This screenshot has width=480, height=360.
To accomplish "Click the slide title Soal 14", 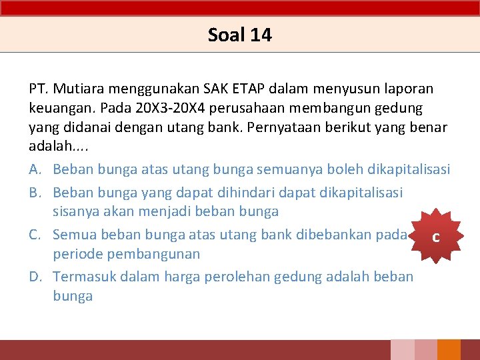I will [x=239, y=35].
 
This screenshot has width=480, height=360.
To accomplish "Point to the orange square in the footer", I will [x=449, y=350].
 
